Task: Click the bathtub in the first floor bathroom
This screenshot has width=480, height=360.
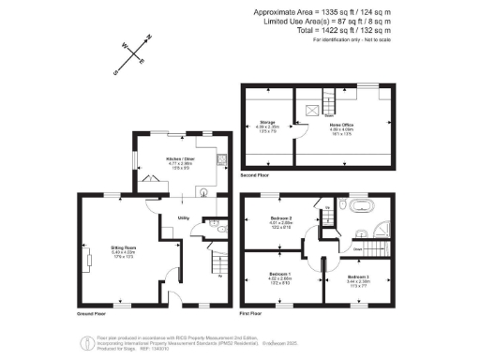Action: tap(362, 204)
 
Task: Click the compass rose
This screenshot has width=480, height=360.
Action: tap(129, 54)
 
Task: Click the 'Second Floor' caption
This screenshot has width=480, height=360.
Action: tap(257, 175)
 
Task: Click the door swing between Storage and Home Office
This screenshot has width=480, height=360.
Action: tap(293, 139)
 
